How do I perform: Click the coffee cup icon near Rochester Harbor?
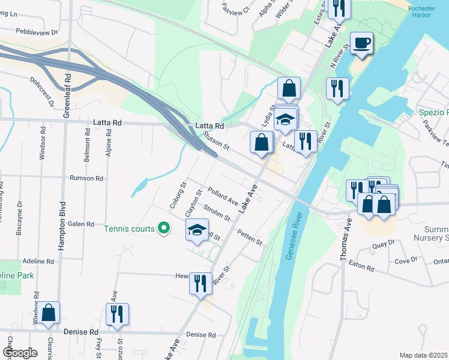pos(361,43)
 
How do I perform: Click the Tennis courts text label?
pos(129,228)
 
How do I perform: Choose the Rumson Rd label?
pos(86,178)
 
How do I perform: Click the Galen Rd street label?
pos(82,224)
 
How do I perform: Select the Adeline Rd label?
pos(38,262)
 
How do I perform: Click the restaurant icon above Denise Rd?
pos(117,314)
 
